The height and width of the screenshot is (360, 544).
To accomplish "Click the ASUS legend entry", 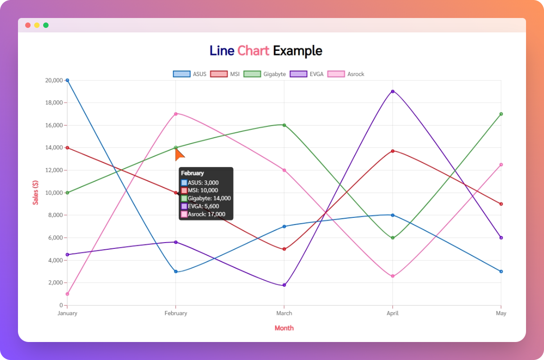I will (x=190, y=74).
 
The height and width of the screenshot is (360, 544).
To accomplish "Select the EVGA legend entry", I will (x=307, y=74).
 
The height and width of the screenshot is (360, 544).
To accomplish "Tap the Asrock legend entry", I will (x=346, y=74).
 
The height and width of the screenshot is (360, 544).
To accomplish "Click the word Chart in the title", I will (x=253, y=51).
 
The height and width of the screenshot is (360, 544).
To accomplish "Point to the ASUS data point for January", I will (x=67, y=80).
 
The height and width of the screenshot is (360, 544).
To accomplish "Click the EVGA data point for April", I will (x=392, y=91).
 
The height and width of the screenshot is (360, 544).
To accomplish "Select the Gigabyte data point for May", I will (x=501, y=114).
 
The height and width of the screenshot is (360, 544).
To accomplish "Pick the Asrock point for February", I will (x=176, y=114).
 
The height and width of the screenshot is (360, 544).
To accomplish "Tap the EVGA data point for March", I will (x=284, y=285).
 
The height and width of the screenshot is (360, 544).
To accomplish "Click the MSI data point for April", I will (x=392, y=151).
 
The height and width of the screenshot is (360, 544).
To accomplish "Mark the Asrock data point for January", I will (x=67, y=294).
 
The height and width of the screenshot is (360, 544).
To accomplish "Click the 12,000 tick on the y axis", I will (x=52, y=170).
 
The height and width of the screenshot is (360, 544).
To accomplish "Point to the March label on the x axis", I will (x=284, y=313).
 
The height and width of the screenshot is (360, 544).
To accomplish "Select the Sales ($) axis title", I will (x=36, y=193).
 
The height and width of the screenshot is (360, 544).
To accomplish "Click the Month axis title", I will (x=284, y=328).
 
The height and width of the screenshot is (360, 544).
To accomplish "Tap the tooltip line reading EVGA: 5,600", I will (x=203, y=206).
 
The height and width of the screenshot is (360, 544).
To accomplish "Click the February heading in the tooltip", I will (x=192, y=173).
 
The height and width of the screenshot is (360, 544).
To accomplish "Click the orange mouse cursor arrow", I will (x=179, y=154).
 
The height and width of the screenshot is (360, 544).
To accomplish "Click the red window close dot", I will (x=28, y=25).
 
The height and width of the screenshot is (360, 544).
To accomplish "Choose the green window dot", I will (x=46, y=25).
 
